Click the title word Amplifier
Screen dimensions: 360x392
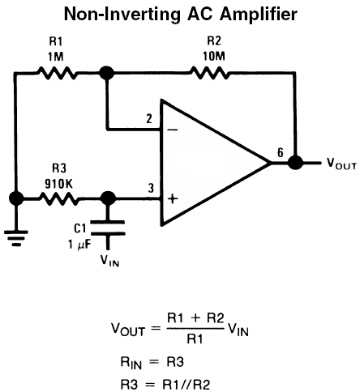click(259, 15)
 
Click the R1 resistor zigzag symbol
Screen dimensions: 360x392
click(57, 73)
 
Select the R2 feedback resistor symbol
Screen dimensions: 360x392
click(210, 73)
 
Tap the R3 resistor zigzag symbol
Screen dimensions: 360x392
click(59, 199)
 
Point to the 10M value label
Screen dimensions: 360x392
click(214, 57)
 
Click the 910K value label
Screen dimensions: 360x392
click(58, 184)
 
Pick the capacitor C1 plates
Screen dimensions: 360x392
click(108, 228)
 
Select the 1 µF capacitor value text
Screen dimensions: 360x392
click(79, 245)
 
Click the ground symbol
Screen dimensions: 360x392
click(16, 238)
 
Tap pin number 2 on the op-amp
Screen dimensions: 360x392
click(149, 119)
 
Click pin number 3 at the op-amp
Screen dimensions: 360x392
click(151, 188)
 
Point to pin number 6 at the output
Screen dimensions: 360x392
click(281, 153)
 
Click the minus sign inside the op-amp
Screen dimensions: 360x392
click(173, 130)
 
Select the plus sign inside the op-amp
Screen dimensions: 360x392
click(173, 199)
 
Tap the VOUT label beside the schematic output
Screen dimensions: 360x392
click(341, 164)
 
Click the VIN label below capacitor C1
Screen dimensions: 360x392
click(109, 261)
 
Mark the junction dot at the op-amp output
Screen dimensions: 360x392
click(295, 163)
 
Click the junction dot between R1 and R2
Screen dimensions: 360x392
click(107, 73)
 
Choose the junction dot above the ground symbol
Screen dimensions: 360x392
click(16, 198)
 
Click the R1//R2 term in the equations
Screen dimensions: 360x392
click(186, 384)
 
